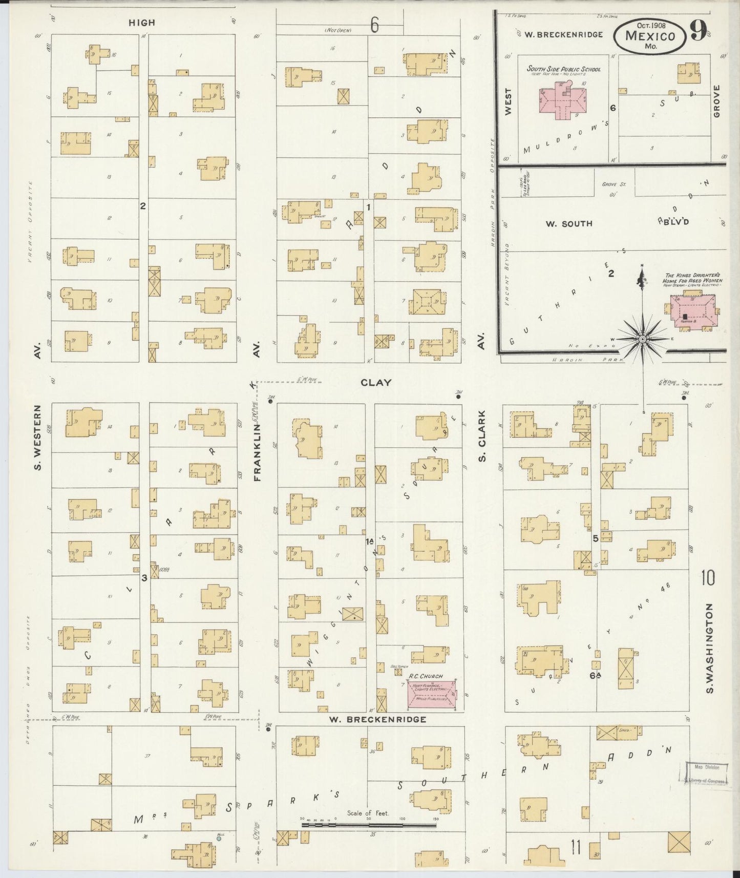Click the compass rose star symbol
point(642,339)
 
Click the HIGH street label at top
point(142,23)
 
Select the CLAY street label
point(376,382)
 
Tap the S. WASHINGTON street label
point(709,649)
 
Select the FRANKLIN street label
point(257,452)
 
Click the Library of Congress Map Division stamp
point(706,773)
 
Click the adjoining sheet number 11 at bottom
point(576,848)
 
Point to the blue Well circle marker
point(219,839)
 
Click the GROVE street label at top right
point(716,101)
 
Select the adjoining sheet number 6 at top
point(375,25)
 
